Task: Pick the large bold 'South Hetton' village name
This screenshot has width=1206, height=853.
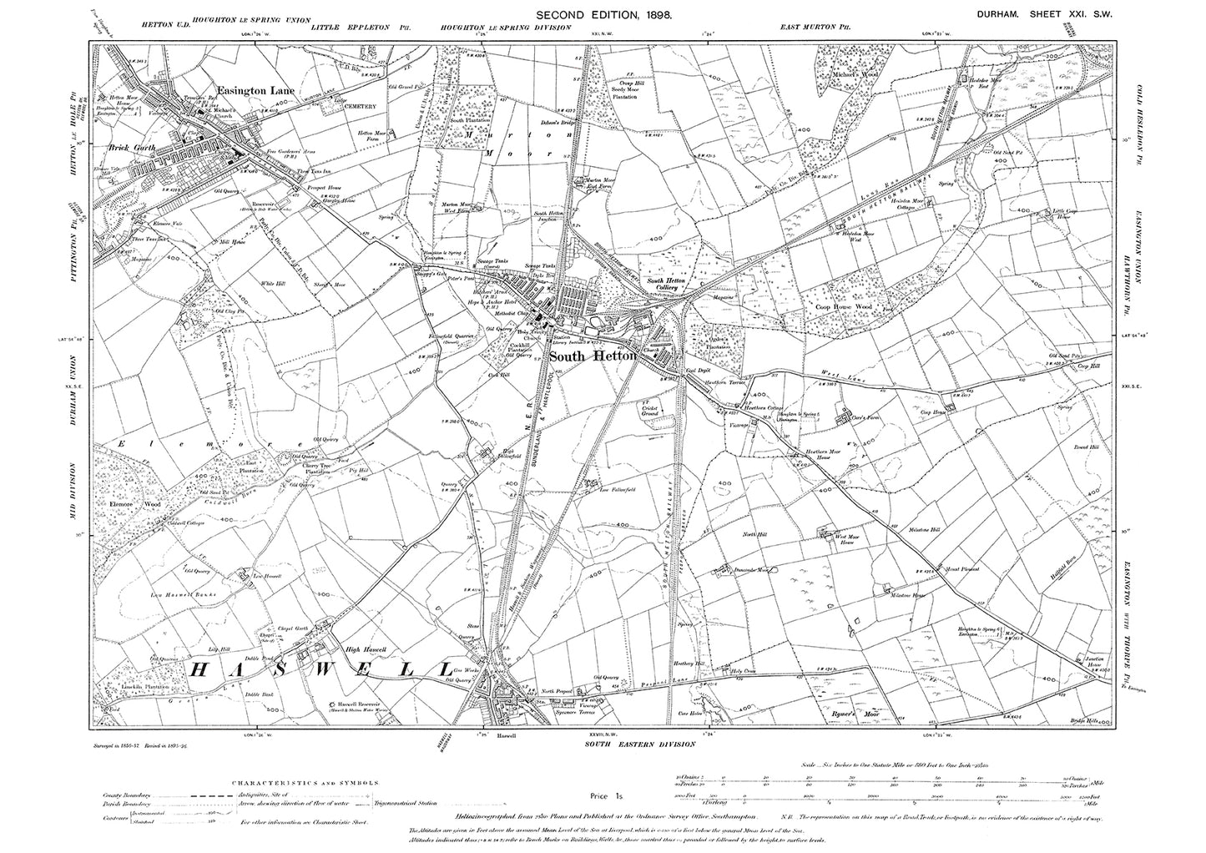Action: coord(593,356)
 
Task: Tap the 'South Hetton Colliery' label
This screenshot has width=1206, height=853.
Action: coord(664,285)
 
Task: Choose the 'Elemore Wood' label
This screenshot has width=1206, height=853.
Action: coord(128,504)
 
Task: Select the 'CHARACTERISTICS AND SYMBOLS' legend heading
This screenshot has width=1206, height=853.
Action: coord(303,784)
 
